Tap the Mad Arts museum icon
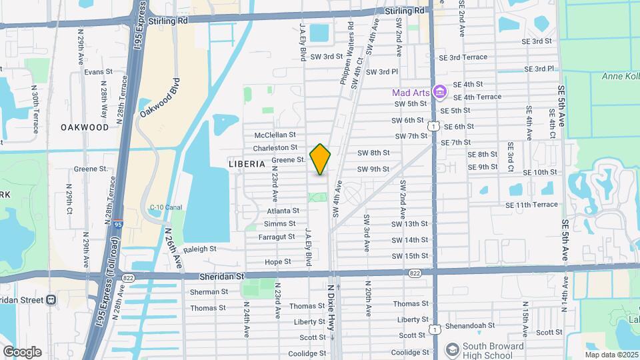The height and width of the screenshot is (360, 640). click(x=439, y=91)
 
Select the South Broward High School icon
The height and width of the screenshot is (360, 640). click(x=453, y=349)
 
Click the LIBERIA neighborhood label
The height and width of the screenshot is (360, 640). click(x=247, y=163)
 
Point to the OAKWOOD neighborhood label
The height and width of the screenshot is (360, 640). click(x=85, y=127)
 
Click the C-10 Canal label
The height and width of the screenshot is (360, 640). click(x=166, y=207)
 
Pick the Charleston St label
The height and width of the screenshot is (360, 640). click(x=275, y=147)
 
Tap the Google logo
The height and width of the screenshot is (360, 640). click(x=22, y=351)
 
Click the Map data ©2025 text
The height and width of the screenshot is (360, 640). click(x=610, y=355)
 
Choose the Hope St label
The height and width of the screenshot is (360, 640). click(x=278, y=262)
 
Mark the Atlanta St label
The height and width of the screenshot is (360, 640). click(x=283, y=211)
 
